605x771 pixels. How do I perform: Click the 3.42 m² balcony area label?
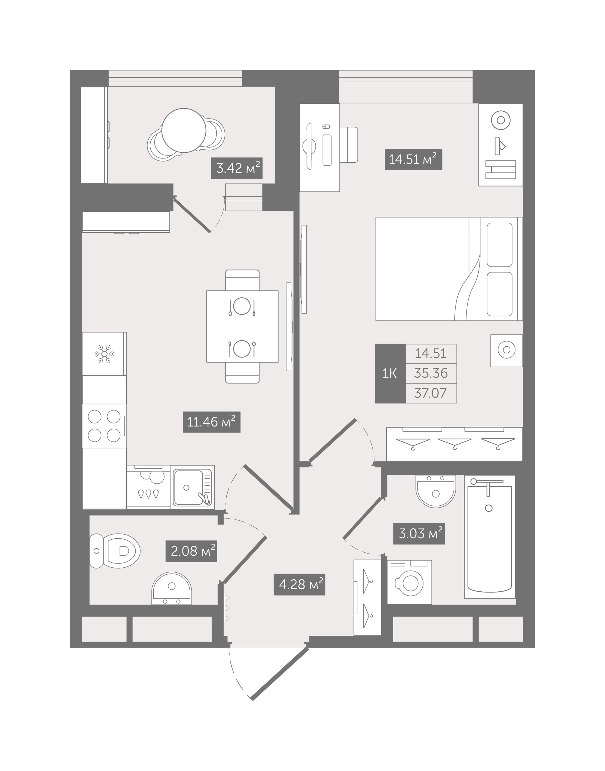pos(237,168)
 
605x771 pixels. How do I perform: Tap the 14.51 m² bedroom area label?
pos(414,159)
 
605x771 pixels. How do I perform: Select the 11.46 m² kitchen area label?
pos(212,422)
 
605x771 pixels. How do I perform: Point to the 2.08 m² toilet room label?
pos(191,551)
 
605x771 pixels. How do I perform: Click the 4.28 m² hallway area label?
pos(299,584)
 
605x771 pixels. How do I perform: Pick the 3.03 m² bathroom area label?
pos(419,533)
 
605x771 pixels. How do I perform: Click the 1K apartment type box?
pos(390,373)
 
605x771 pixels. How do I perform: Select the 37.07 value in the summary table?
pos(431,393)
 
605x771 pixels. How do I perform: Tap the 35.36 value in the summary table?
pos(431,373)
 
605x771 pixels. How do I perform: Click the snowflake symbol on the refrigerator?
pos(104,354)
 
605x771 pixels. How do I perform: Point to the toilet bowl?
pos(115,551)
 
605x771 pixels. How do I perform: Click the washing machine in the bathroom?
pos(410,582)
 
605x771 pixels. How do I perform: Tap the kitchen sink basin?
pos(192,487)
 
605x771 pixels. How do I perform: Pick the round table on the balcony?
pos(184,130)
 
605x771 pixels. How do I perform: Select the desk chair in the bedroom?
pos(348,145)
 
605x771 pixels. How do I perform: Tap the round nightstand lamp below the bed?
pos(506,350)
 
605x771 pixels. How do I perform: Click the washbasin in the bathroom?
pos(436,492)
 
